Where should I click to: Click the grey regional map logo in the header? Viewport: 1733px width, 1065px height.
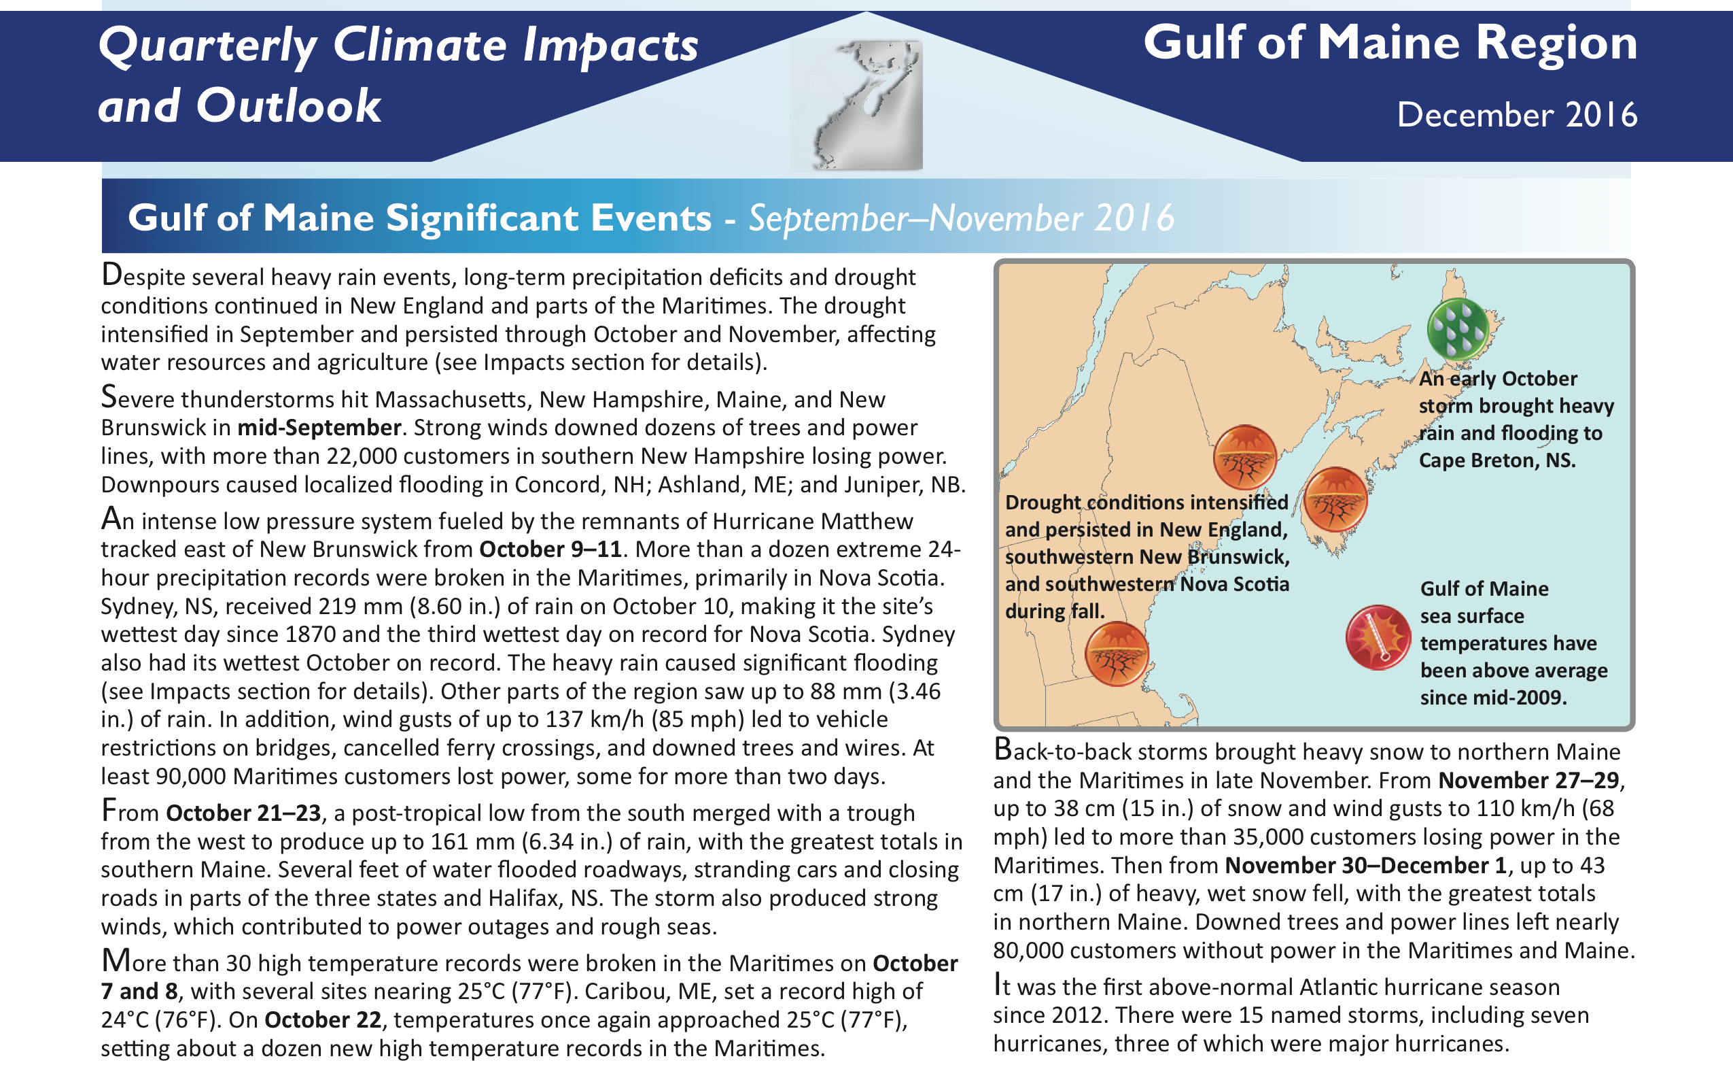(x=856, y=104)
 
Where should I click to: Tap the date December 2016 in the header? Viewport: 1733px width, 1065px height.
(x=1517, y=114)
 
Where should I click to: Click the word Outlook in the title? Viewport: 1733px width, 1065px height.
(x=288, y=105)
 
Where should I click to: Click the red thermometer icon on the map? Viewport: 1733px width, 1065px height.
(x=1378, y=637)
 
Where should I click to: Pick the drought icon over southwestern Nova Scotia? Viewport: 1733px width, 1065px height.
(x=1335, y=498)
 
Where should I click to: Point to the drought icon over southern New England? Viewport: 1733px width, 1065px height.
(x=1117, y=654)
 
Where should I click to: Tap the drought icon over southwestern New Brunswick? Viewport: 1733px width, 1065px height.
(x=1245, y=457)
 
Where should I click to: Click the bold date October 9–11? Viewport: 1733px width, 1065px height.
(x=550, y=549)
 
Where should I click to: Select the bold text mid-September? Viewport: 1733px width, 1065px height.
(x=319, y=428)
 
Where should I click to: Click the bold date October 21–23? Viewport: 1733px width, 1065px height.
(x=243, y=813)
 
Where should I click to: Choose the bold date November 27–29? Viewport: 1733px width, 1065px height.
(x=1528, y=781)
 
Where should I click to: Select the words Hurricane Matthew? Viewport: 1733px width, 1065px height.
(x=813, y=520)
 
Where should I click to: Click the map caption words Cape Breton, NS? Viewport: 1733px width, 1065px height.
(x=1496, y=460)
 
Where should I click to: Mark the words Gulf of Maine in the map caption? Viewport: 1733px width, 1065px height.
(x=1484, y=588)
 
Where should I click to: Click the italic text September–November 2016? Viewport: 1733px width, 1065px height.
(x=962, y=218)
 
